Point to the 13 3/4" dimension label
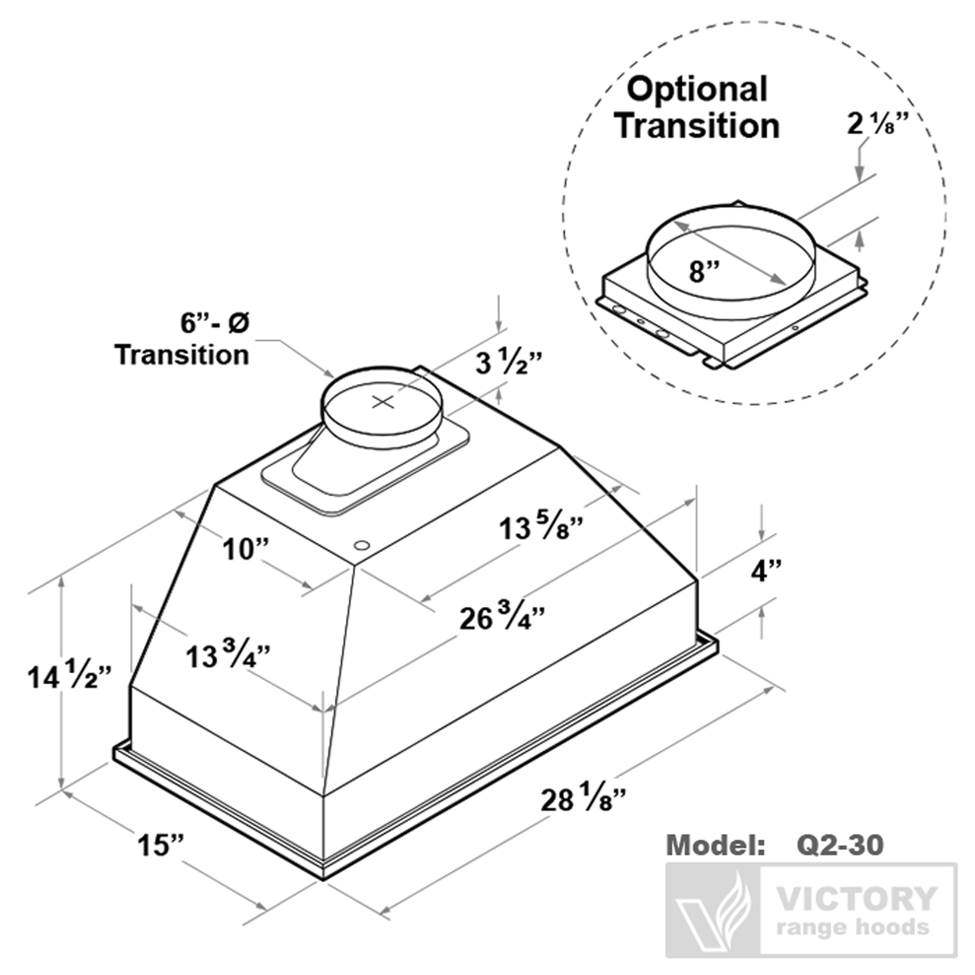point(228,655)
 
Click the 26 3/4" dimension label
point(502,618)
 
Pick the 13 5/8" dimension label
point(541,527)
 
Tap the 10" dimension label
point(246,549)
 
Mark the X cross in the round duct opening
point(383,402)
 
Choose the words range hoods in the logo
point(853,927)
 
